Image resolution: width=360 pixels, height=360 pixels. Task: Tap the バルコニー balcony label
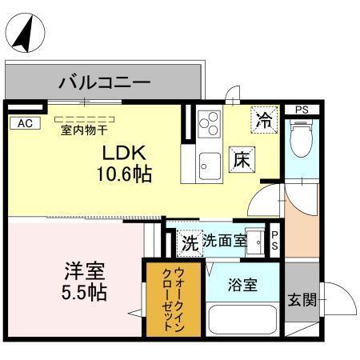click(x=105, y=82)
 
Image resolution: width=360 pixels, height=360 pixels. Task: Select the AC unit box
click(x=25, y=122)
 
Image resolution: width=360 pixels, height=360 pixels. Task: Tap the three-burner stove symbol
click(x=208, y=122)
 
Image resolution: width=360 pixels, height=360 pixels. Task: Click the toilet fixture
click(x=302, y=139)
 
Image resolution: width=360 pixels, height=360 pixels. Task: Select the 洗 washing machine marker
click(x=189, y=240)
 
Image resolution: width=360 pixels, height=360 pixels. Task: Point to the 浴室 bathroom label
click(x=242, y=284)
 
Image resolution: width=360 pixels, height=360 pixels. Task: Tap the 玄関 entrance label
click(x=302, y=301)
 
